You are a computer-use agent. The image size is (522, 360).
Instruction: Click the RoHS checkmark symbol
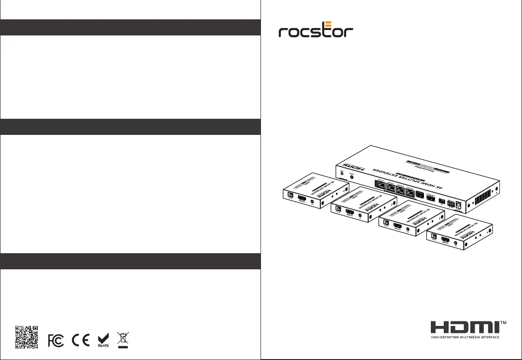point(103,340)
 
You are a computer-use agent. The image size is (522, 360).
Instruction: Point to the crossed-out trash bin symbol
point(122,340)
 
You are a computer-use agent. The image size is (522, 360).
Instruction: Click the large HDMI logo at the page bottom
point(464,327)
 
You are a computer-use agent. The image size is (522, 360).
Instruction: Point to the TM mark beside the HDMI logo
point(504,323)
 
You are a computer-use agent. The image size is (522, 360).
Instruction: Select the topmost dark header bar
point(130,27)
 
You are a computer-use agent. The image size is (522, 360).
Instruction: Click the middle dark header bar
point(130,127)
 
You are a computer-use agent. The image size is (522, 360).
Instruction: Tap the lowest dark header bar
point(130,261)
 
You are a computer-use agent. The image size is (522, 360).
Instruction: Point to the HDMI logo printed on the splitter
point(352,168)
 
